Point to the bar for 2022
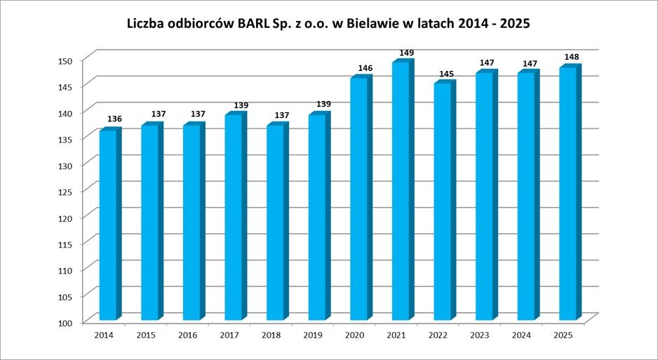(x=442, y=201)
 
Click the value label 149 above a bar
(x=407, y=53)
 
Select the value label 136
(x=114, y=119)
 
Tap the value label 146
(x=365, y=68)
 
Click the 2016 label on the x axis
(x=187, y=335)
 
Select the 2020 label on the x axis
(x=354, y=335)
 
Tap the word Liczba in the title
(x=145, y=23)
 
